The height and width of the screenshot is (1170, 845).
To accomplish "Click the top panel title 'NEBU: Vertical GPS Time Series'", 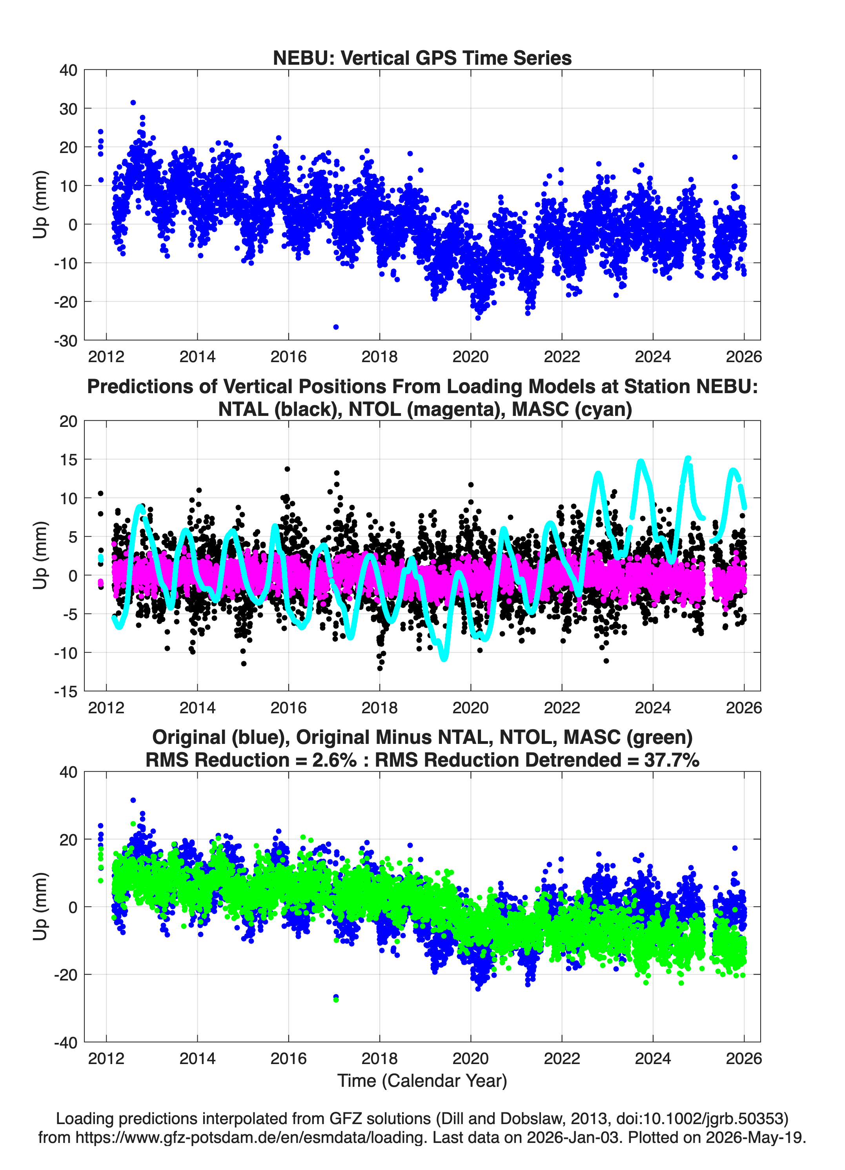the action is [x=422, y=58].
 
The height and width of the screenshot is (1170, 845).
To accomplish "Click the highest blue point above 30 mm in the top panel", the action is [x=133, y=103].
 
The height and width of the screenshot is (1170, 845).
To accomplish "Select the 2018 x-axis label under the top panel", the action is [x=380, y=357].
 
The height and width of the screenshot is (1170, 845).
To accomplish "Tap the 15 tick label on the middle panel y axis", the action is [x=68, y=460].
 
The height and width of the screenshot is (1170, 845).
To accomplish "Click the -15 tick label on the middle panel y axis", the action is [x=66, y=692].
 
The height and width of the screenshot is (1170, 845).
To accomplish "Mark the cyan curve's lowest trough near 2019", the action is [x=444, y=658].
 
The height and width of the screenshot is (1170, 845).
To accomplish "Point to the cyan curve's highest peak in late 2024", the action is [x=688, y=459].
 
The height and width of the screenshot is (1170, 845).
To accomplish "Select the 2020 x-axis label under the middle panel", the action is [x=470, y=708].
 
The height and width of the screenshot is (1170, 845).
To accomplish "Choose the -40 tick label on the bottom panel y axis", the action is [x=66, y=1042].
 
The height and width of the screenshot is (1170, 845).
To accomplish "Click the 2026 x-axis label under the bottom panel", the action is [x=744, y=1059].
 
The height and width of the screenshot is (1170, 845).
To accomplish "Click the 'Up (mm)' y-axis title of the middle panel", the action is [x=40, y=556].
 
